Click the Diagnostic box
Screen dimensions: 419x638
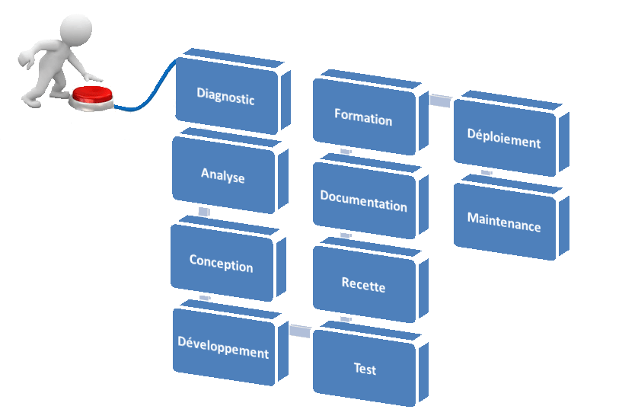coord(225,96)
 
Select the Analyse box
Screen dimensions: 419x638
coord(223,176)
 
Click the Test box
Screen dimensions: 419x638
coord(365,369)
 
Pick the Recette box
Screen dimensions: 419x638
coord(363,286)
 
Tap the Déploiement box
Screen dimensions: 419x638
coord(504,141)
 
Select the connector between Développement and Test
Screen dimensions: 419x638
coord(301,331)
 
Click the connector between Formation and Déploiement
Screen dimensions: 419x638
coord(441,100)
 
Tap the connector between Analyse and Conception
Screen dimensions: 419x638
coord(203,211)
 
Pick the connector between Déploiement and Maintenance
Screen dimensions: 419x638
coord(486,173)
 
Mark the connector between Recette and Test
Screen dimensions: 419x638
coord(345,318)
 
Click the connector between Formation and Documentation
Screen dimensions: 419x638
coord(345,152)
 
